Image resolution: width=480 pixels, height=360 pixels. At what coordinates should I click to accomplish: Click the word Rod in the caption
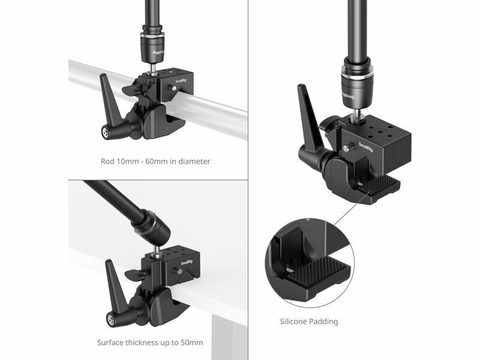point(107,161)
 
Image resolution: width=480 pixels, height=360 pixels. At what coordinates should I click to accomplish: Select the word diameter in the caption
point(194,161)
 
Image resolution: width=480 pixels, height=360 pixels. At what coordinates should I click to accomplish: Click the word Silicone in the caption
point(293,322)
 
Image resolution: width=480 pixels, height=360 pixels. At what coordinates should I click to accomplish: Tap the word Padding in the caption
point(323,322)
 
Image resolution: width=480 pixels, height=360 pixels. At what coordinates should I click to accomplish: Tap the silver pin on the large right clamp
point(347,148)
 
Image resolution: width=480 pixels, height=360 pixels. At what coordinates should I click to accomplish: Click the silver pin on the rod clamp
point(173,88)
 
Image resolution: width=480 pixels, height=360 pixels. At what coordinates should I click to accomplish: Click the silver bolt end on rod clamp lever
point(106,133)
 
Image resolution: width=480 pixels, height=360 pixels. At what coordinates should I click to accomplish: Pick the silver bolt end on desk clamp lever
point(110,320)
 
